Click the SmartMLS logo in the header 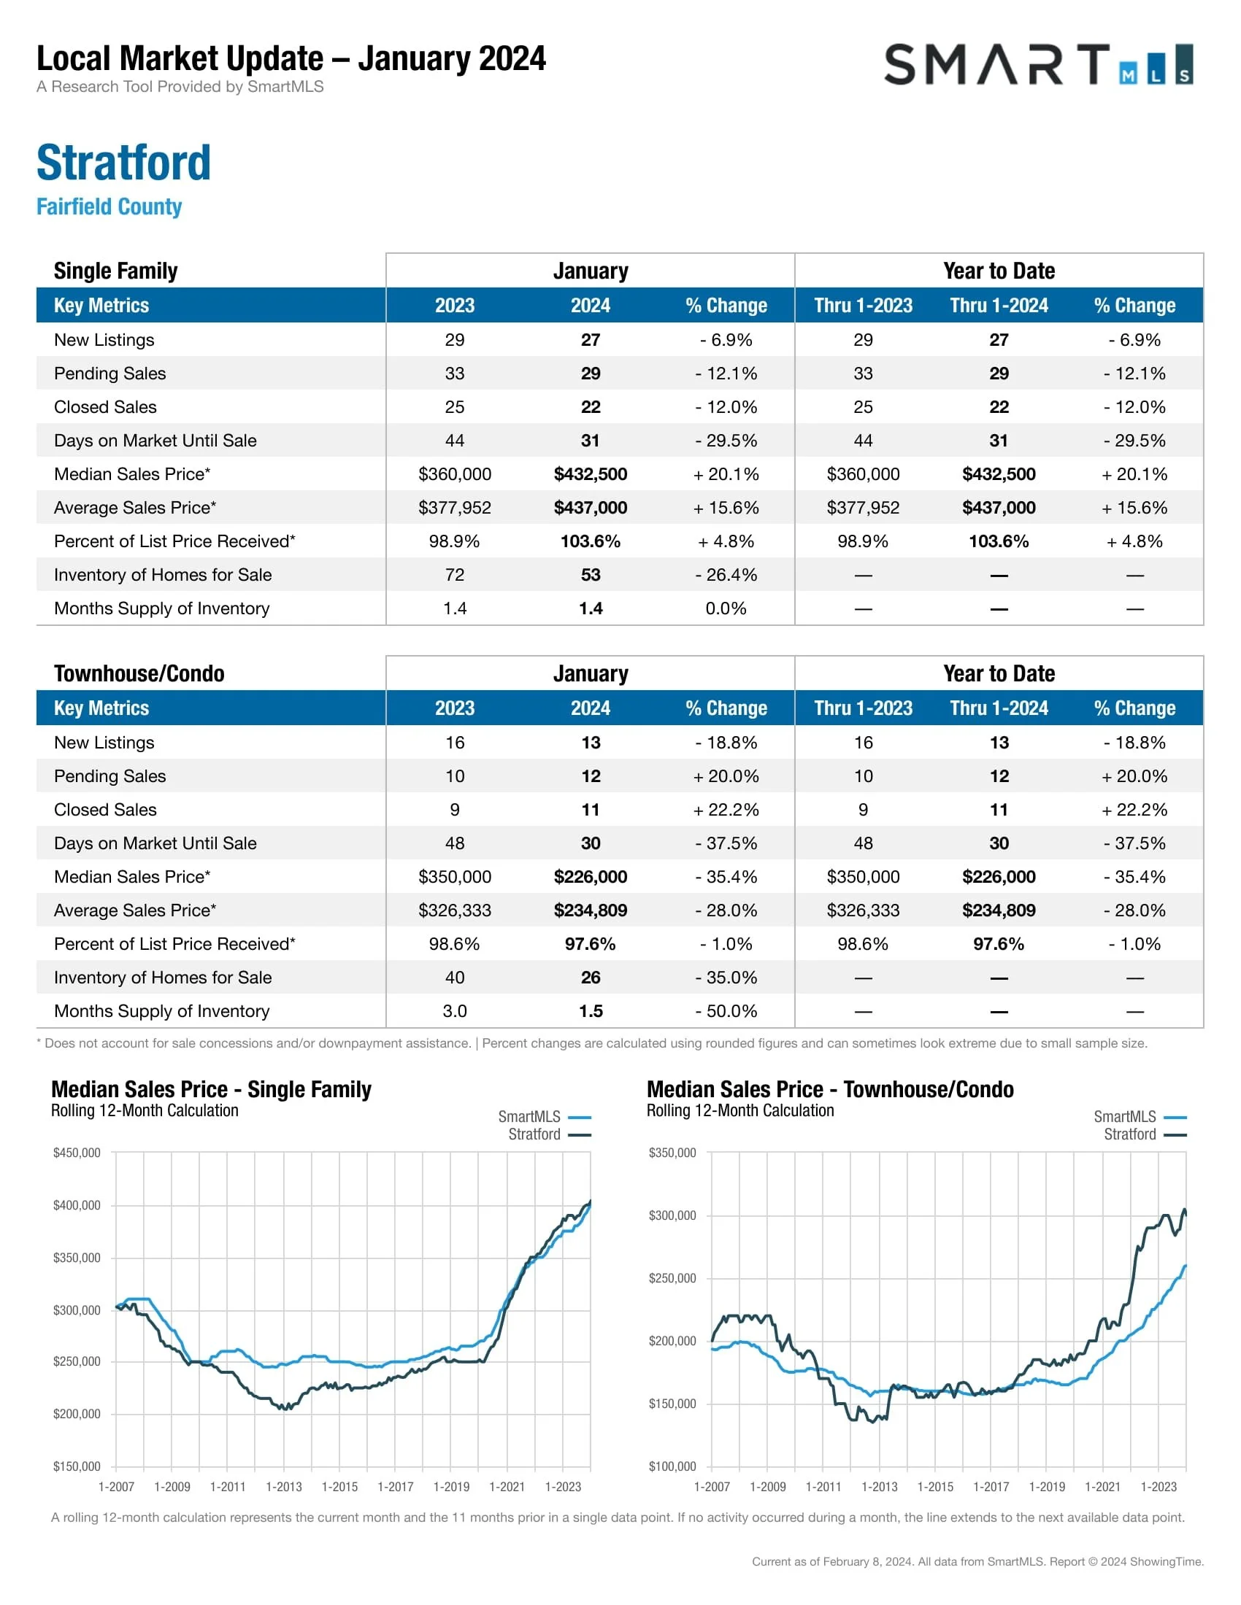click(x=1037, y=64)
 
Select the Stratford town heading click(x=123, y=163)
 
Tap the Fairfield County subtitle click(x=109, y=206)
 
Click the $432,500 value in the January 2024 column click(x=591, y=474)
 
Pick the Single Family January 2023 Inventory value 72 click(x=454, y=575)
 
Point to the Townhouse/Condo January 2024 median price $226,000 click(x=591, y=877)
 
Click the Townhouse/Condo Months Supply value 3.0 click(x=454, y=1011)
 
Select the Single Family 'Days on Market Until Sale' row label click(x=155, y=440)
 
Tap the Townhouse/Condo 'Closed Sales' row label click(x=105, y=810)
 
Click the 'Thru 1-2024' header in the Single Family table click(x=999, y=306)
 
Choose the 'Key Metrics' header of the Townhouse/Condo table click(x=101, y=708)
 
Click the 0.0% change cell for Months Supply click(x=726, y=608)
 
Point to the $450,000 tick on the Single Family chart click(x=77, y=1152)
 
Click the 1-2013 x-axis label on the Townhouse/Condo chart click(x=880, y=1487)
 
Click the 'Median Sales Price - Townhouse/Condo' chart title click(x=830, y=1089)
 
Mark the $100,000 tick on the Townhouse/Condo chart click(x=672, y=1467)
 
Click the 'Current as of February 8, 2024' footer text click(x=977, y=1562)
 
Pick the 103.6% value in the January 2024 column click(x=591, y=541)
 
